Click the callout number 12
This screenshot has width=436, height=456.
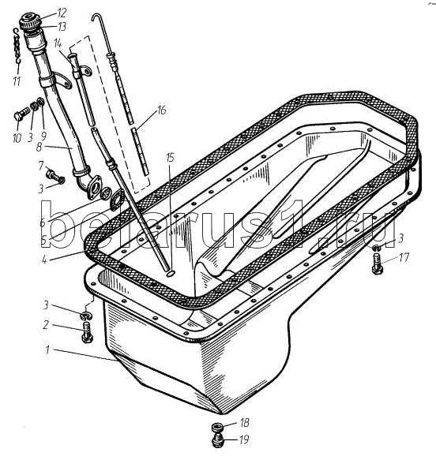tap(62, 13)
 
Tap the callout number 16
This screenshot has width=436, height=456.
tap(161, 110)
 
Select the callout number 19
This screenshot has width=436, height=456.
tap(244, 439)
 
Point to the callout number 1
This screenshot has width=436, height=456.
tap(47, 349)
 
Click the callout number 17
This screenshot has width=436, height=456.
tap(404, 258)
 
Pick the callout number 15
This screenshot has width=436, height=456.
tap(171, 158)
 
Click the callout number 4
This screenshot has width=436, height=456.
tap(44, 259)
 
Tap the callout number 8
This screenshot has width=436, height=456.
tap(39, 147)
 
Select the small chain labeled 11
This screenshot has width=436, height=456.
tap(17, 46)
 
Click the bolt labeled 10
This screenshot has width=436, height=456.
tap(22, 114)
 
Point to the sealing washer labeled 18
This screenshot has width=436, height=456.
tap(217, 428)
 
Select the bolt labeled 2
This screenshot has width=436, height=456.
tap(87, 332)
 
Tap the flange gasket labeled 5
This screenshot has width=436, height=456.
tap(118, 200)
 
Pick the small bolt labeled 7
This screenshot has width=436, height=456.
tap(54, 176)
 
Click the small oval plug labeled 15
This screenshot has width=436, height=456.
tap(171, 273)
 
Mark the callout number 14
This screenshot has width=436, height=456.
tap(58, 44)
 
